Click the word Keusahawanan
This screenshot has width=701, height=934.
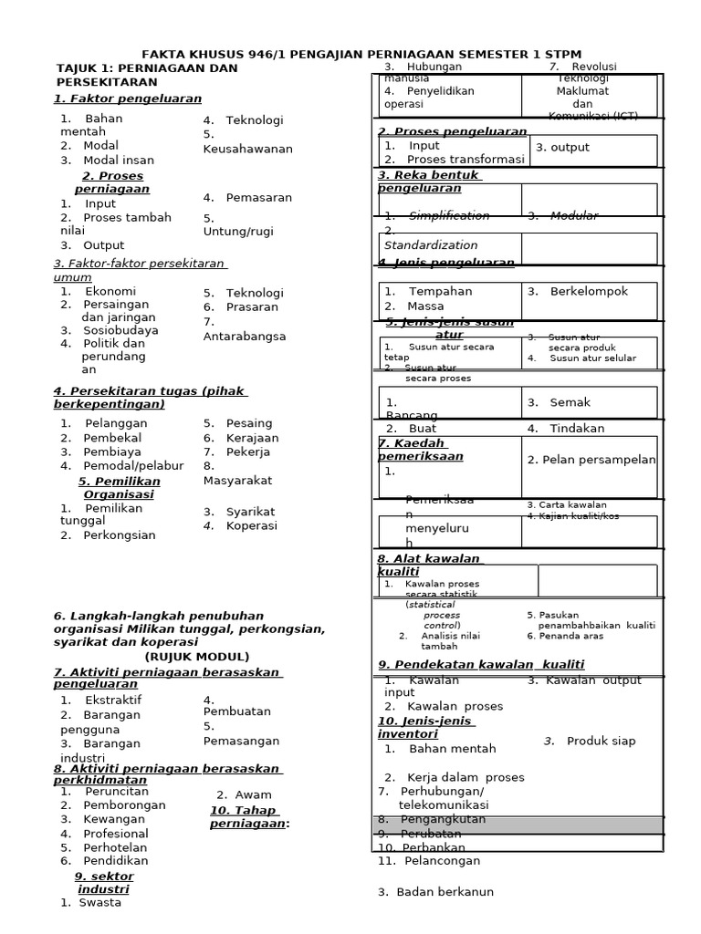[x=247, y=149]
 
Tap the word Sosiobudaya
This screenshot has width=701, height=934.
[x=120, y=330]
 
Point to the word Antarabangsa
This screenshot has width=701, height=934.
[x=244, y=336]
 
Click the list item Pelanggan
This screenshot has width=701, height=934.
[x=115, y=423]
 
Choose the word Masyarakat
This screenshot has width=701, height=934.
[x=237, y=480]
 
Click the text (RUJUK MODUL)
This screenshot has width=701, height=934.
[x=196, y=656]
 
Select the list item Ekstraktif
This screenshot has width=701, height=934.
[x=112, y=700]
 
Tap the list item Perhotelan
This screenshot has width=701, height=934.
[x=115, y=846]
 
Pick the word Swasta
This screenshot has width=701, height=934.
[x=99, y=903]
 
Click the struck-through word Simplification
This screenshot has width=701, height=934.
[x=448, y=215]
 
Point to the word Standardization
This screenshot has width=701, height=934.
[x=430, y=245]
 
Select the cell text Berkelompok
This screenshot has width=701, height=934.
[x=589, y=291]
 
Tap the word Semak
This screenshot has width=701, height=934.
[x=570, y=402]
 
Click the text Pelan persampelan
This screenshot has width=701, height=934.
[x=591, y=460]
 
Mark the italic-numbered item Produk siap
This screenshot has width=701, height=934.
[x=600, y=741]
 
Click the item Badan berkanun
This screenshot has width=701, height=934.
[x=442, y=892]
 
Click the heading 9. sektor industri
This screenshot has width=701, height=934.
[x=103, y=882]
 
